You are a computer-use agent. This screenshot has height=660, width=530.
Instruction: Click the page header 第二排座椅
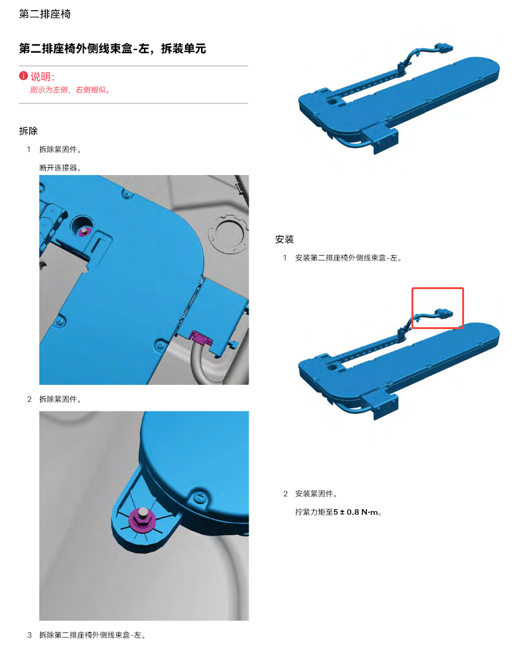click(44, 14)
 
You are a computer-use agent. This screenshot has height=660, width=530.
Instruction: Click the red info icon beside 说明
click(23, 76)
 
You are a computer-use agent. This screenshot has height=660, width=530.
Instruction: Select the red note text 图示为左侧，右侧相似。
click(70, 89)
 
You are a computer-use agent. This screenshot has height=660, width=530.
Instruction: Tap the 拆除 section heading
click(28, 131)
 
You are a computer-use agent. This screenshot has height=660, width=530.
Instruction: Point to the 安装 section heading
click(284, 240)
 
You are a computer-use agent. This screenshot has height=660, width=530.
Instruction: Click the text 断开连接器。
click(60, 167)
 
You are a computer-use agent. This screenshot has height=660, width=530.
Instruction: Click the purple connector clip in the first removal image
click(200, 337)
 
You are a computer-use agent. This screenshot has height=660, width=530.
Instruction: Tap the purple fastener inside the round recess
click(84, 231)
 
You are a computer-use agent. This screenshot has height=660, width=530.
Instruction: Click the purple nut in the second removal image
click(142, 519)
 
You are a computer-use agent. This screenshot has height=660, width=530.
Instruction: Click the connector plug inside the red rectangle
click(444, 314)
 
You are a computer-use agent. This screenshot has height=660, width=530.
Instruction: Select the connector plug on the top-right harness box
click(444, 48)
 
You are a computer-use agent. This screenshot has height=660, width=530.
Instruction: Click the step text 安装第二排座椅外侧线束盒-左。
click(349, 258)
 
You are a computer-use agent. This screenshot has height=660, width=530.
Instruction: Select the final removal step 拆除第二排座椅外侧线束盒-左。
click(93, 635)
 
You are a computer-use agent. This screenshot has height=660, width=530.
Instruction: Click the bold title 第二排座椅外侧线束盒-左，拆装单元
click(112, 49)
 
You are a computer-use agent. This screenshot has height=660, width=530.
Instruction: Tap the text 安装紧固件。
click(316, 493)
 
